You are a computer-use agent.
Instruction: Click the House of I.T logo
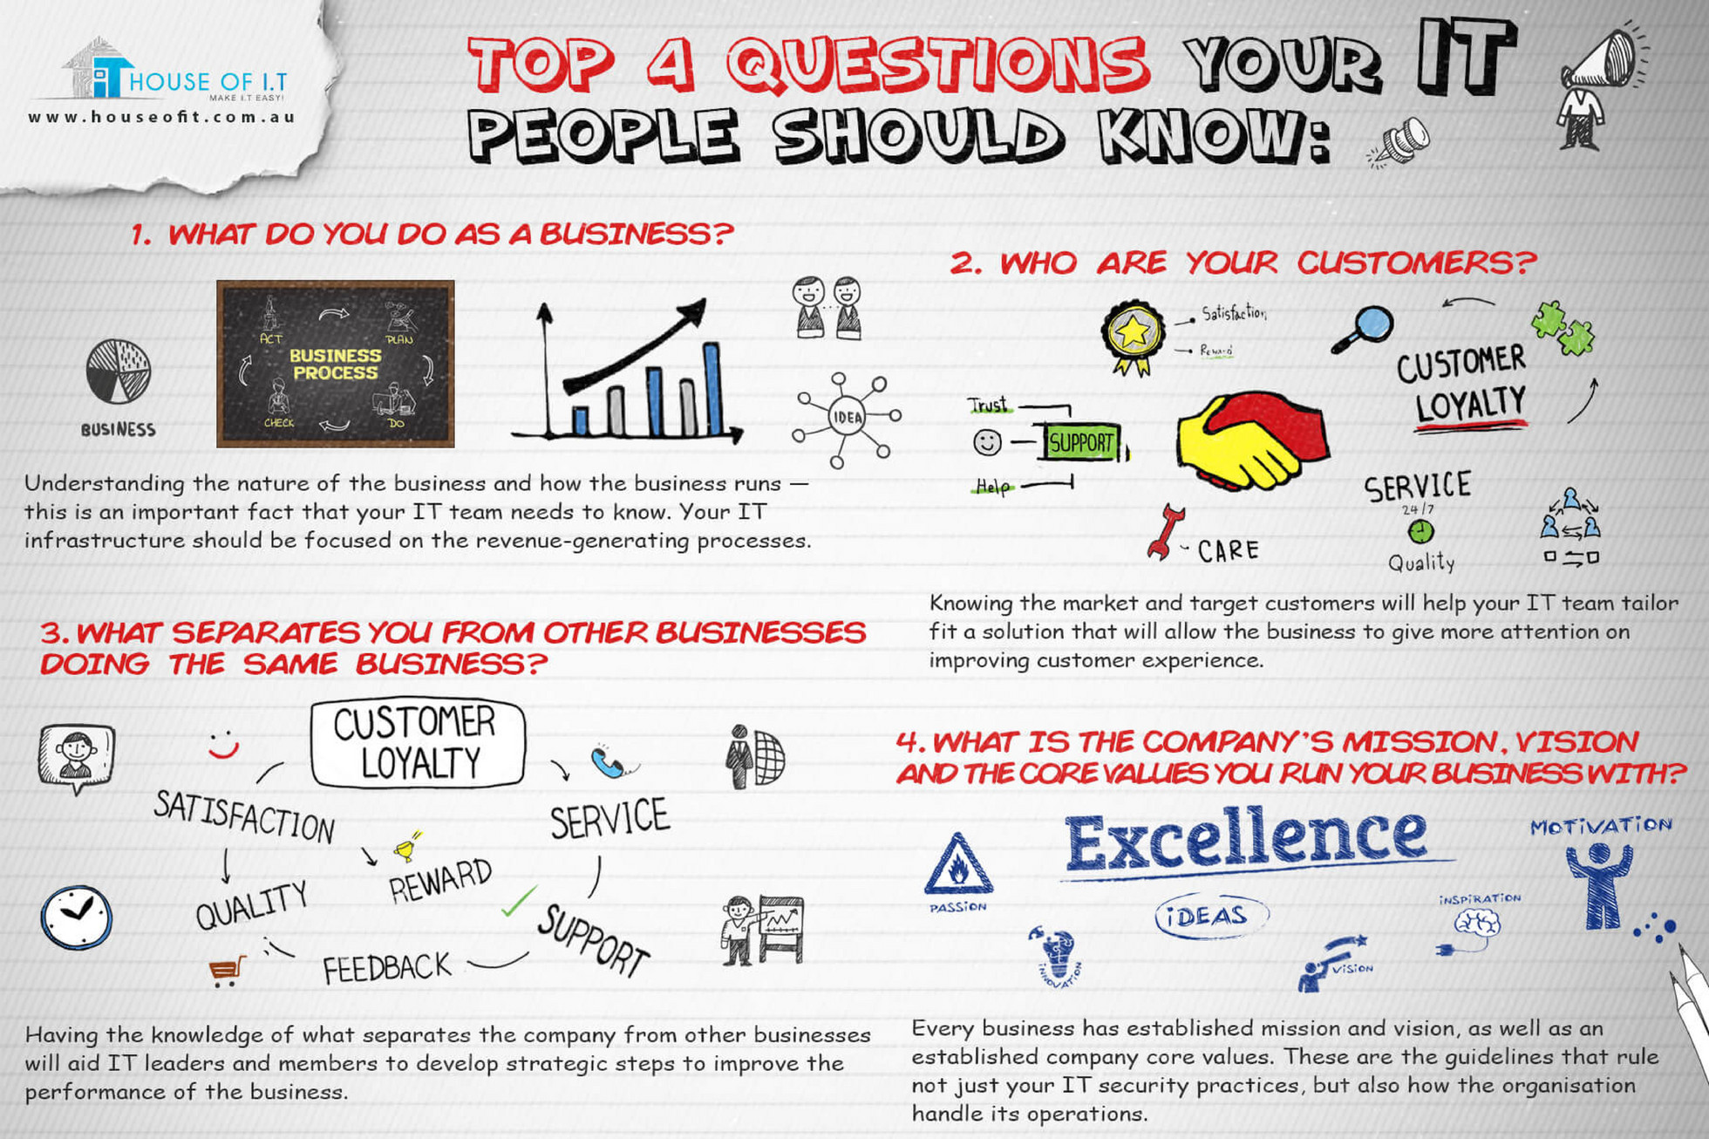pos(166,74)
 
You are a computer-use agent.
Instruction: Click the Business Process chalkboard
pos(335,364)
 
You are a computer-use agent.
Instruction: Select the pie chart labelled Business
pos(119,372)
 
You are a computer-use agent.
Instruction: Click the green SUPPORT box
pos(1081,443)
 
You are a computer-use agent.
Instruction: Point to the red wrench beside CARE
pos(1165,531)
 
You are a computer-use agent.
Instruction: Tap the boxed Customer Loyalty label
pos(418,742)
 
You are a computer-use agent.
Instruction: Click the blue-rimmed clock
pos(77,917)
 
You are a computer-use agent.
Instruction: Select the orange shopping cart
pos(227,970)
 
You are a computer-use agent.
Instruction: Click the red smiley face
pos(223,745)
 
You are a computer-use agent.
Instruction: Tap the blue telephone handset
pos(609,761)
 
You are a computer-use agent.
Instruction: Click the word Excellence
pos(1245,838)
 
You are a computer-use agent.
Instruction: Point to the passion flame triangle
pos(957,866)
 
